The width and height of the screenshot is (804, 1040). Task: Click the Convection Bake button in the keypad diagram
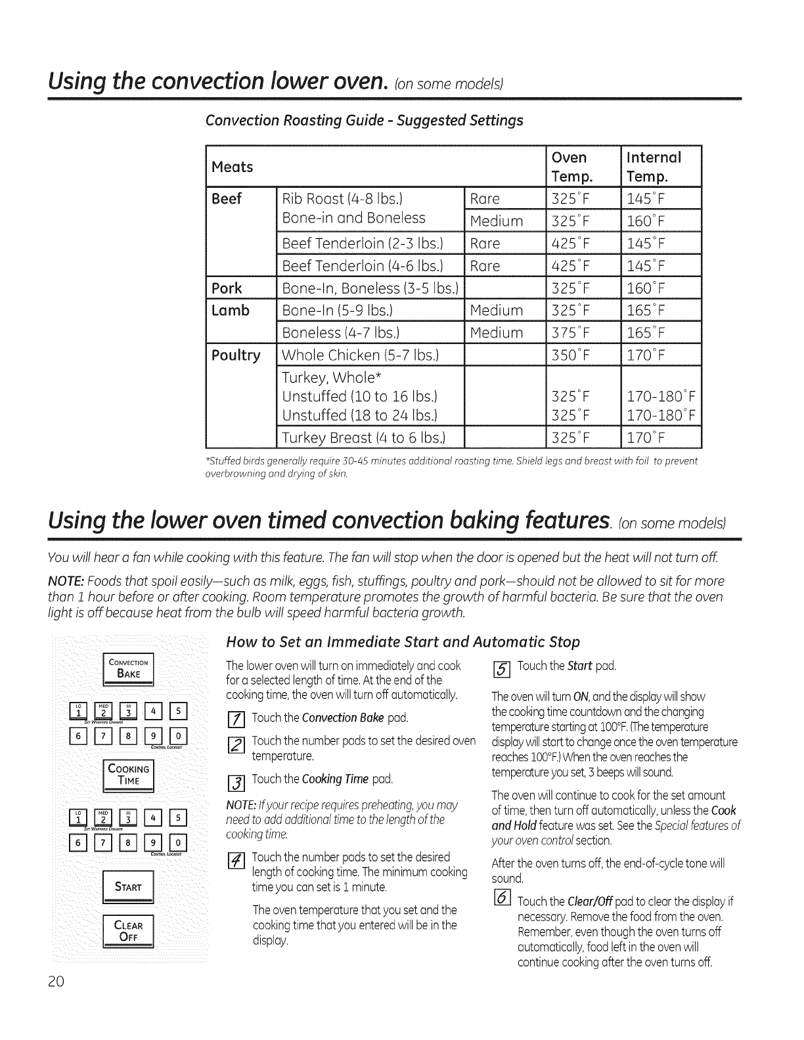click(131, 668)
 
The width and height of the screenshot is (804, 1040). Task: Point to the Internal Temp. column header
click(654, 166)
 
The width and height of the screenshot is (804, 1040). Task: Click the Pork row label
click(227, 288)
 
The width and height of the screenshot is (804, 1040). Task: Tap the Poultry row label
click(236, 355)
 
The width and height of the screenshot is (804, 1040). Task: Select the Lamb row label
click(231, 310)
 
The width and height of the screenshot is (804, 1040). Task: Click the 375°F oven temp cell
click(571, 332)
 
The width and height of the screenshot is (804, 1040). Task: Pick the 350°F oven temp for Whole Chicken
click(571, 355)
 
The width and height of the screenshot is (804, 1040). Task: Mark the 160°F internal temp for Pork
click(646, 288)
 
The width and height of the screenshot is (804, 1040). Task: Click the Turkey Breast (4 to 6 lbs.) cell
click(363, 437)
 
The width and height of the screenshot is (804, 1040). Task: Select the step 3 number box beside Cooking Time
click(240, 781)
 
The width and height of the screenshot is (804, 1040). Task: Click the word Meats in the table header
click(232, 167)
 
